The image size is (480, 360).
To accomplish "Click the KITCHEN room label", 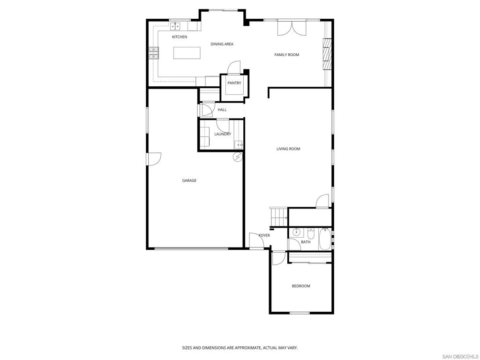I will coord(180,37).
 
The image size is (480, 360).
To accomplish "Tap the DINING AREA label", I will coord(222,44).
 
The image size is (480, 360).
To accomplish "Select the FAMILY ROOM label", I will coord(286,55).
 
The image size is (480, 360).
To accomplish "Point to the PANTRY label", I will coord(234,83).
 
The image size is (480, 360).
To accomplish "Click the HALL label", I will coord(222,110).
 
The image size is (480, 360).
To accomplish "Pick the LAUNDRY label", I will coord(223,134).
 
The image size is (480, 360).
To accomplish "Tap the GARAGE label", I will coord(189,180).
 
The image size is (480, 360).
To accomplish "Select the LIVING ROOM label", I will coord(288,149).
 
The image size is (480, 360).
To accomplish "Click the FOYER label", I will coord(264,235).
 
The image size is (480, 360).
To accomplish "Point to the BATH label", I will coord(306,242).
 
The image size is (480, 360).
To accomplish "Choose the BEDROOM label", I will coord(301,286).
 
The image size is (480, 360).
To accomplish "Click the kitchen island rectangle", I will coord(187,53).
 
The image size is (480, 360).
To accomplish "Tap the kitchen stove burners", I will coord(154,53).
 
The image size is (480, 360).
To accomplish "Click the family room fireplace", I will coord(327,54).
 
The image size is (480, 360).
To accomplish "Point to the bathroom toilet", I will coord(310,232).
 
